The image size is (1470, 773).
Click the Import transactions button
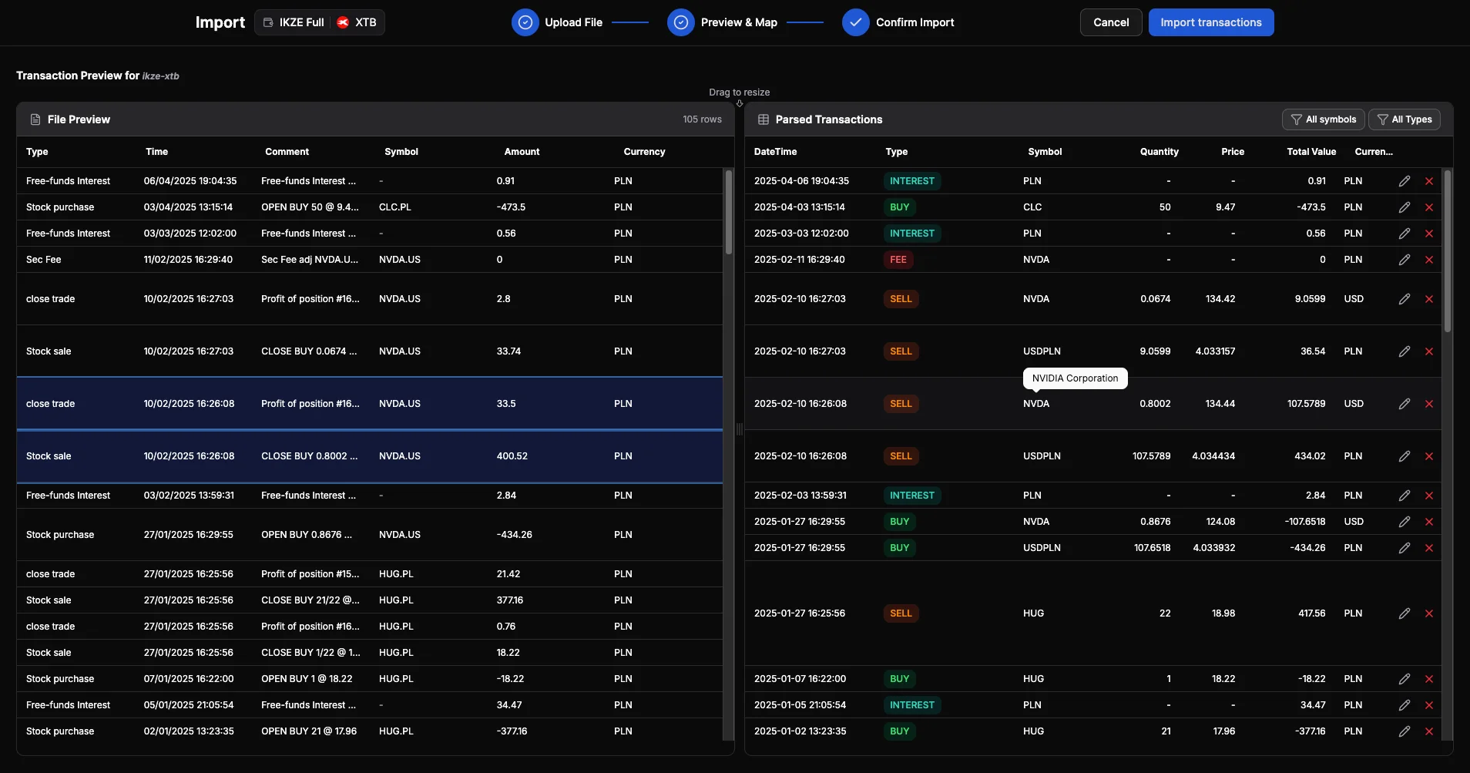tap(1210, 22)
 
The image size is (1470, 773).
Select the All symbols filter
tap(1323, 119)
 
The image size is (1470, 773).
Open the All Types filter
tap(1404, 119)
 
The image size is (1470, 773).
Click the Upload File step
tap(558, 22)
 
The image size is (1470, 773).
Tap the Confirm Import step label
tap(915, 22)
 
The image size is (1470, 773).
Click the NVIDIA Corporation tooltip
tap(1075, 378)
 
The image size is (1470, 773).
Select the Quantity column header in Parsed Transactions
tap(1159, 152)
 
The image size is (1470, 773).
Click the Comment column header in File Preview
tap(287, 152)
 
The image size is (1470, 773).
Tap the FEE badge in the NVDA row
tap(898, 260)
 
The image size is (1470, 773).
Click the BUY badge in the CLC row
tap(899, 207)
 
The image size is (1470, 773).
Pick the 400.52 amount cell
tap(512, 456)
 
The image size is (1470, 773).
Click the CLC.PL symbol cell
tap(395, 207)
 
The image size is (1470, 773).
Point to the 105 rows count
tap(702, 119)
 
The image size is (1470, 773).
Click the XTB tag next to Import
tap(357, 22)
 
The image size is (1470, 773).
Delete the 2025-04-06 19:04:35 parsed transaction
tap(1429, 181)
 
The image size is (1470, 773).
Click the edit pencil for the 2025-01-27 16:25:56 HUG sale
tap(1405, 613)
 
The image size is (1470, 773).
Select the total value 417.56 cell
tap(1311, 613)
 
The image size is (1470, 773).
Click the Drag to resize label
tap(739, 92)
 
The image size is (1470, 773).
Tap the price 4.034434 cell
tap(1213, 456)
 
